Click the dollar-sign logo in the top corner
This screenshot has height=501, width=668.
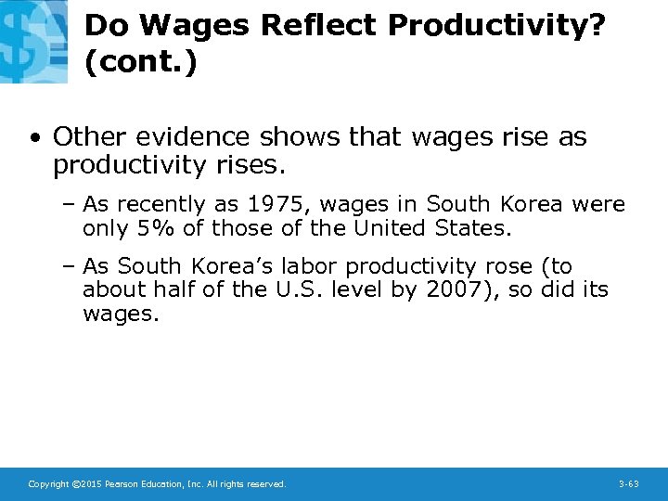33,41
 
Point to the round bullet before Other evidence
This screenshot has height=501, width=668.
34,138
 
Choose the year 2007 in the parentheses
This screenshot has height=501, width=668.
457,289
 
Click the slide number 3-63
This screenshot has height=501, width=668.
628,484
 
